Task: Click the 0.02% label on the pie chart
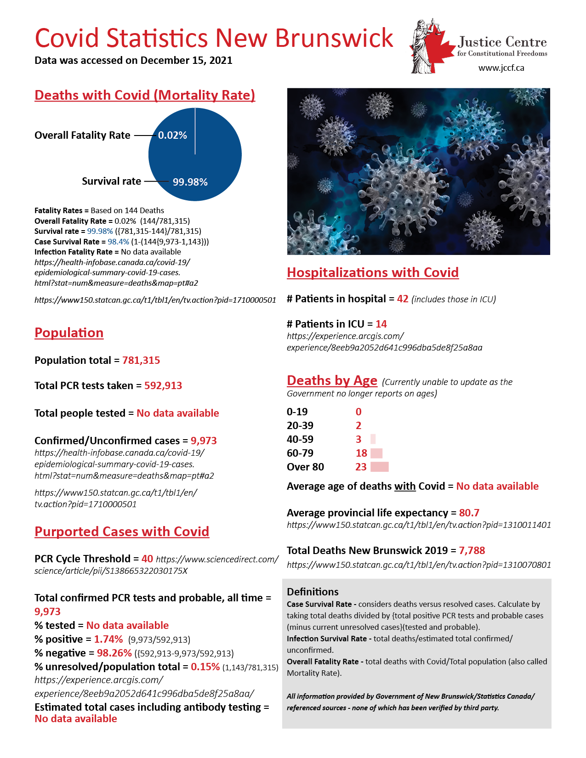(172, 136)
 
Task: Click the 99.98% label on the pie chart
(190, 182)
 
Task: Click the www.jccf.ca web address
(501, 68)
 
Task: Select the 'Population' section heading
(69, 333)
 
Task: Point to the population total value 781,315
(141, 360)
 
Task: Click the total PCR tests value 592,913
(163, 385)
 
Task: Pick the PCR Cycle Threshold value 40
(147, 559)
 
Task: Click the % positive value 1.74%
(108, 639)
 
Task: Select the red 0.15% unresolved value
(205, 667)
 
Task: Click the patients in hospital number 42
(403, 299)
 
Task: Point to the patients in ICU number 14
(381, 324)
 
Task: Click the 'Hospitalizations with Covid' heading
(373, 272)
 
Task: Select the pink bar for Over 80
(380, 467)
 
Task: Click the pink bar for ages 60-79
(376, 453)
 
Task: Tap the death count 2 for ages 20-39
(358, 425)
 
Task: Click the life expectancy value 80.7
(469, 513)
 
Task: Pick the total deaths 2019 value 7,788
(472, 550)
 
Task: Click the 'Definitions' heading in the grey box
(313, 592)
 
